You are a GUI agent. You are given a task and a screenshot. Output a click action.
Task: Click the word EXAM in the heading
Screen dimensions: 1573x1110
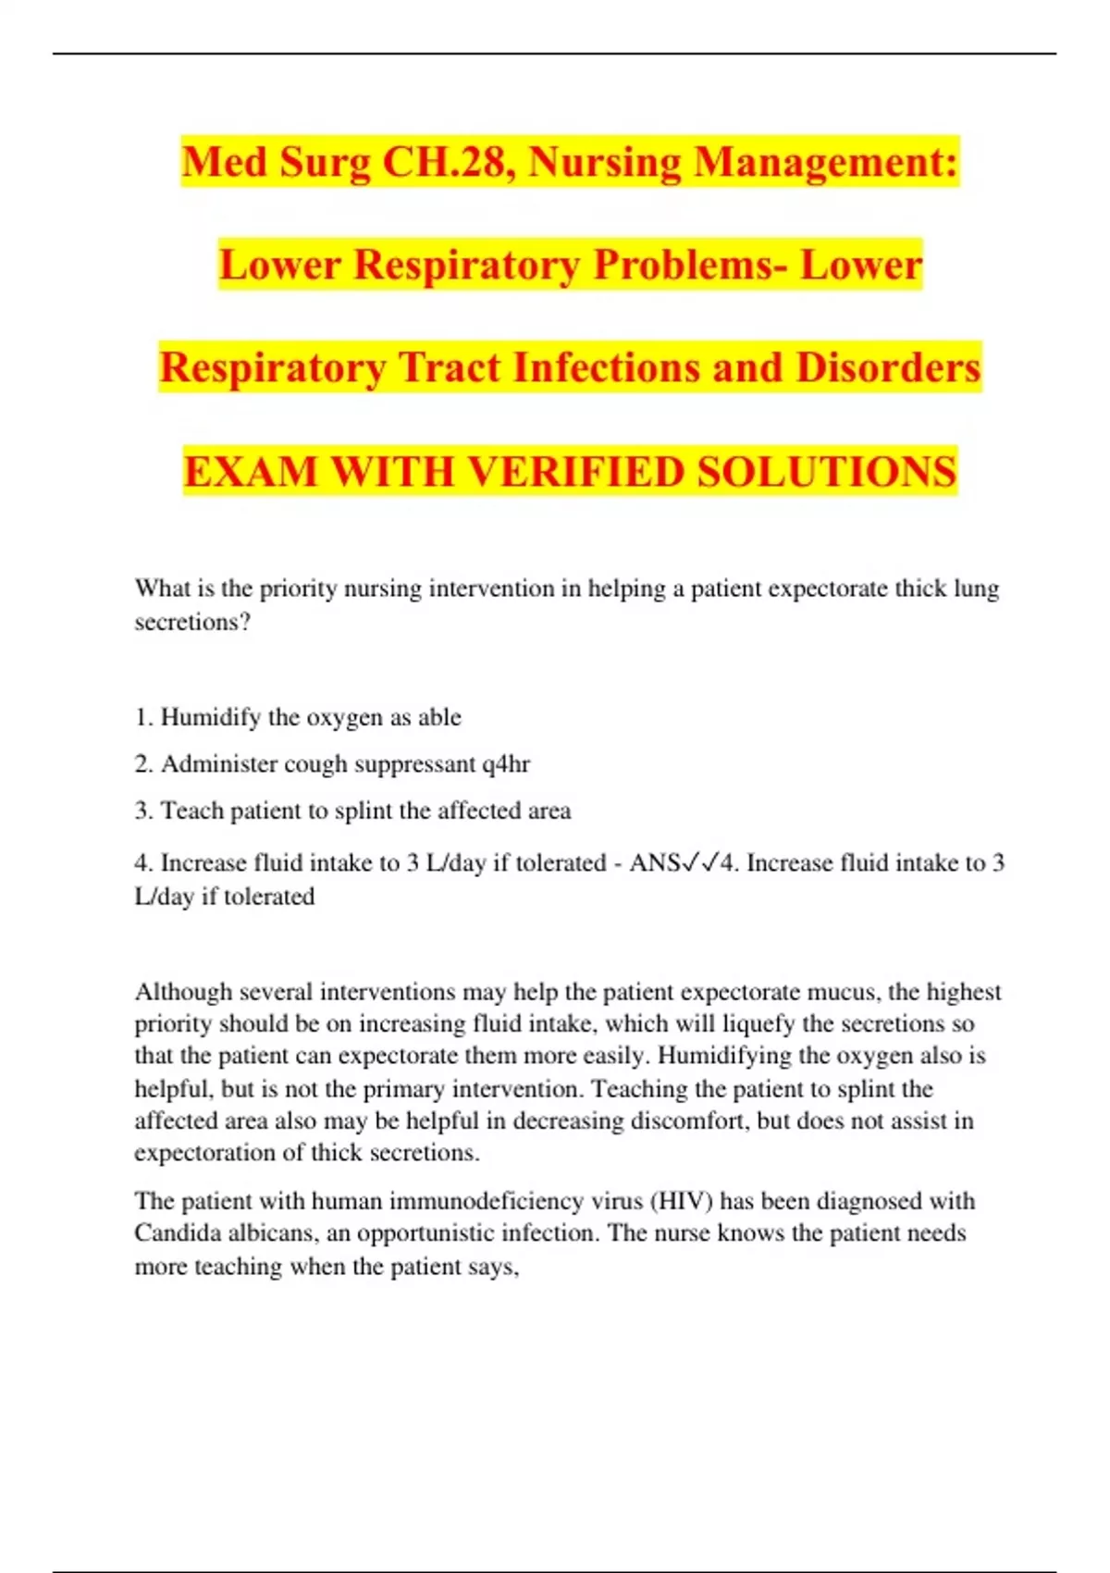coord(251,471)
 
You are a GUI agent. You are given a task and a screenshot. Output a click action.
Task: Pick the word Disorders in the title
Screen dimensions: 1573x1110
coord(888,367)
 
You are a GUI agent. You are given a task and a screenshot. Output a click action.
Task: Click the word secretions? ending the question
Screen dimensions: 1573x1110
coord(192,622)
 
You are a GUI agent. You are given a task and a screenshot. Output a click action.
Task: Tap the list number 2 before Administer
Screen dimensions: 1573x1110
coord(142,764)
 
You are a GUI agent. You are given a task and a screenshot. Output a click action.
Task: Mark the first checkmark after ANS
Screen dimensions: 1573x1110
coord(690,863)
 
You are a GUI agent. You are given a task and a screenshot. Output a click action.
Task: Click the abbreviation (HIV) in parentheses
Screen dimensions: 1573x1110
coord(682,1201)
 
